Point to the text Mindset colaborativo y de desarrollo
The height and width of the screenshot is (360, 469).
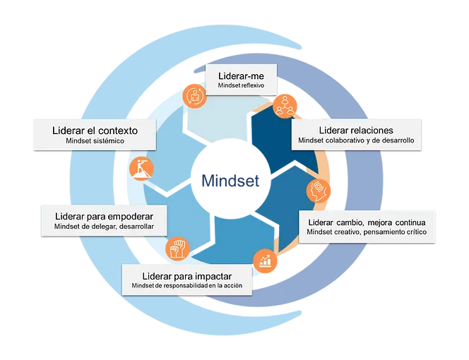(356, 141)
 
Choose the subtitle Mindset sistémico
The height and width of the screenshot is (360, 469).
(95, 142)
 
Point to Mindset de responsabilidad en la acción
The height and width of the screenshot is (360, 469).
(186, 286)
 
